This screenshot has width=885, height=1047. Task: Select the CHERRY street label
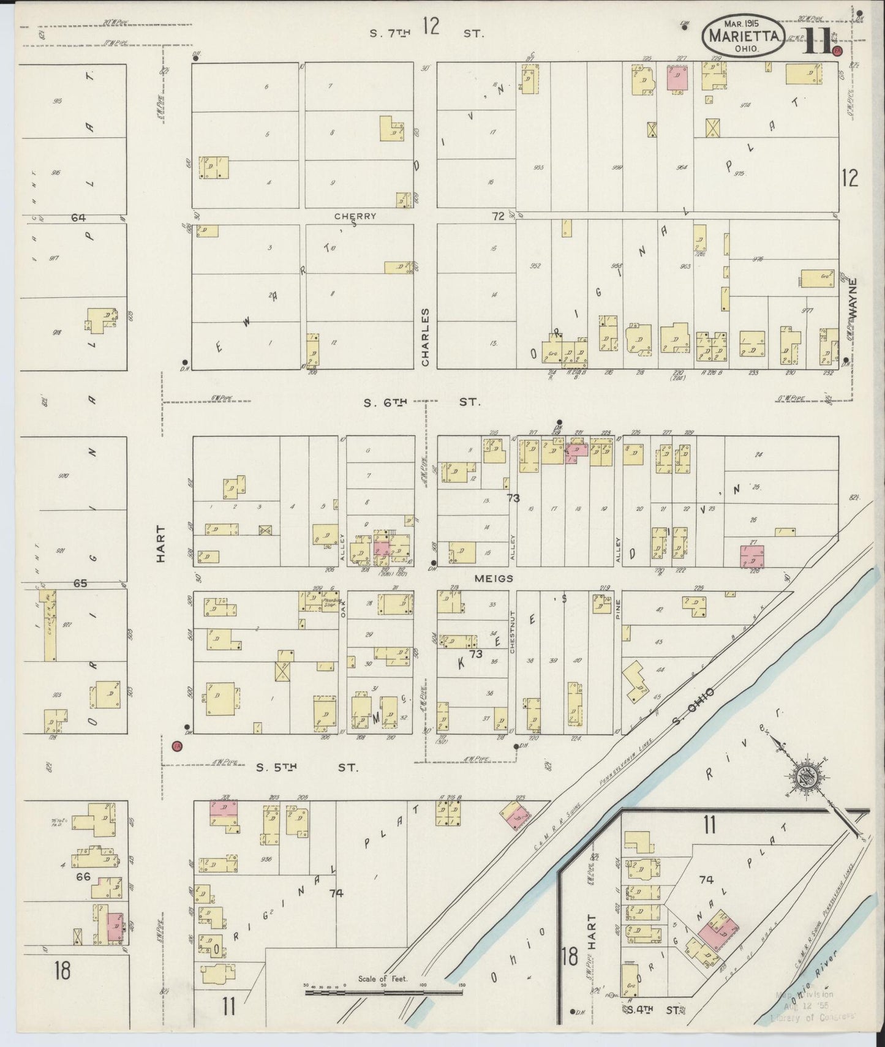click(x=355, y=216)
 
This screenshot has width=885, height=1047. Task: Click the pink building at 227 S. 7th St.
click(x=678, y=80)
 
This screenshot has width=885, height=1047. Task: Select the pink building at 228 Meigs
click(x=752, y=555)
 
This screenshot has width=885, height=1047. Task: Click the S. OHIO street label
click(x=693, y=705)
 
